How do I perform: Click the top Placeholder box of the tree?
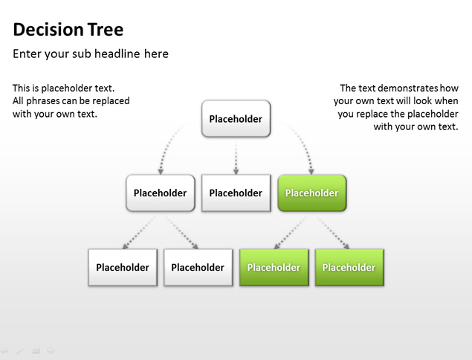click(x=236, y=119)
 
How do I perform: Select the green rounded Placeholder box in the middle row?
click(x=312, y=193)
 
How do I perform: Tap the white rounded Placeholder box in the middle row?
click(x=161, y=193)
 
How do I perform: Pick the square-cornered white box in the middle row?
click(x=236, y=193)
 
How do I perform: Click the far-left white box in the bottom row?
click(x=123, y=267)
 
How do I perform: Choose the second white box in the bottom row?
click(x=198, y=267)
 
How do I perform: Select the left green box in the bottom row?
click(x=274, y=267)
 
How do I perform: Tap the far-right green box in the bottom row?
click(x=349, y=267)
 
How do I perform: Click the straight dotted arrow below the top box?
click(x=236, y=157)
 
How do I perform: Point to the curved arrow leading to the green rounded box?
click(x=302, y=141)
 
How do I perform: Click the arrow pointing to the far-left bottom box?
click(x=139, y=233)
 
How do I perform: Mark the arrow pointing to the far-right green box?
click(x=332, y=232)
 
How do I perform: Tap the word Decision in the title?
click(x=48, y=30)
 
